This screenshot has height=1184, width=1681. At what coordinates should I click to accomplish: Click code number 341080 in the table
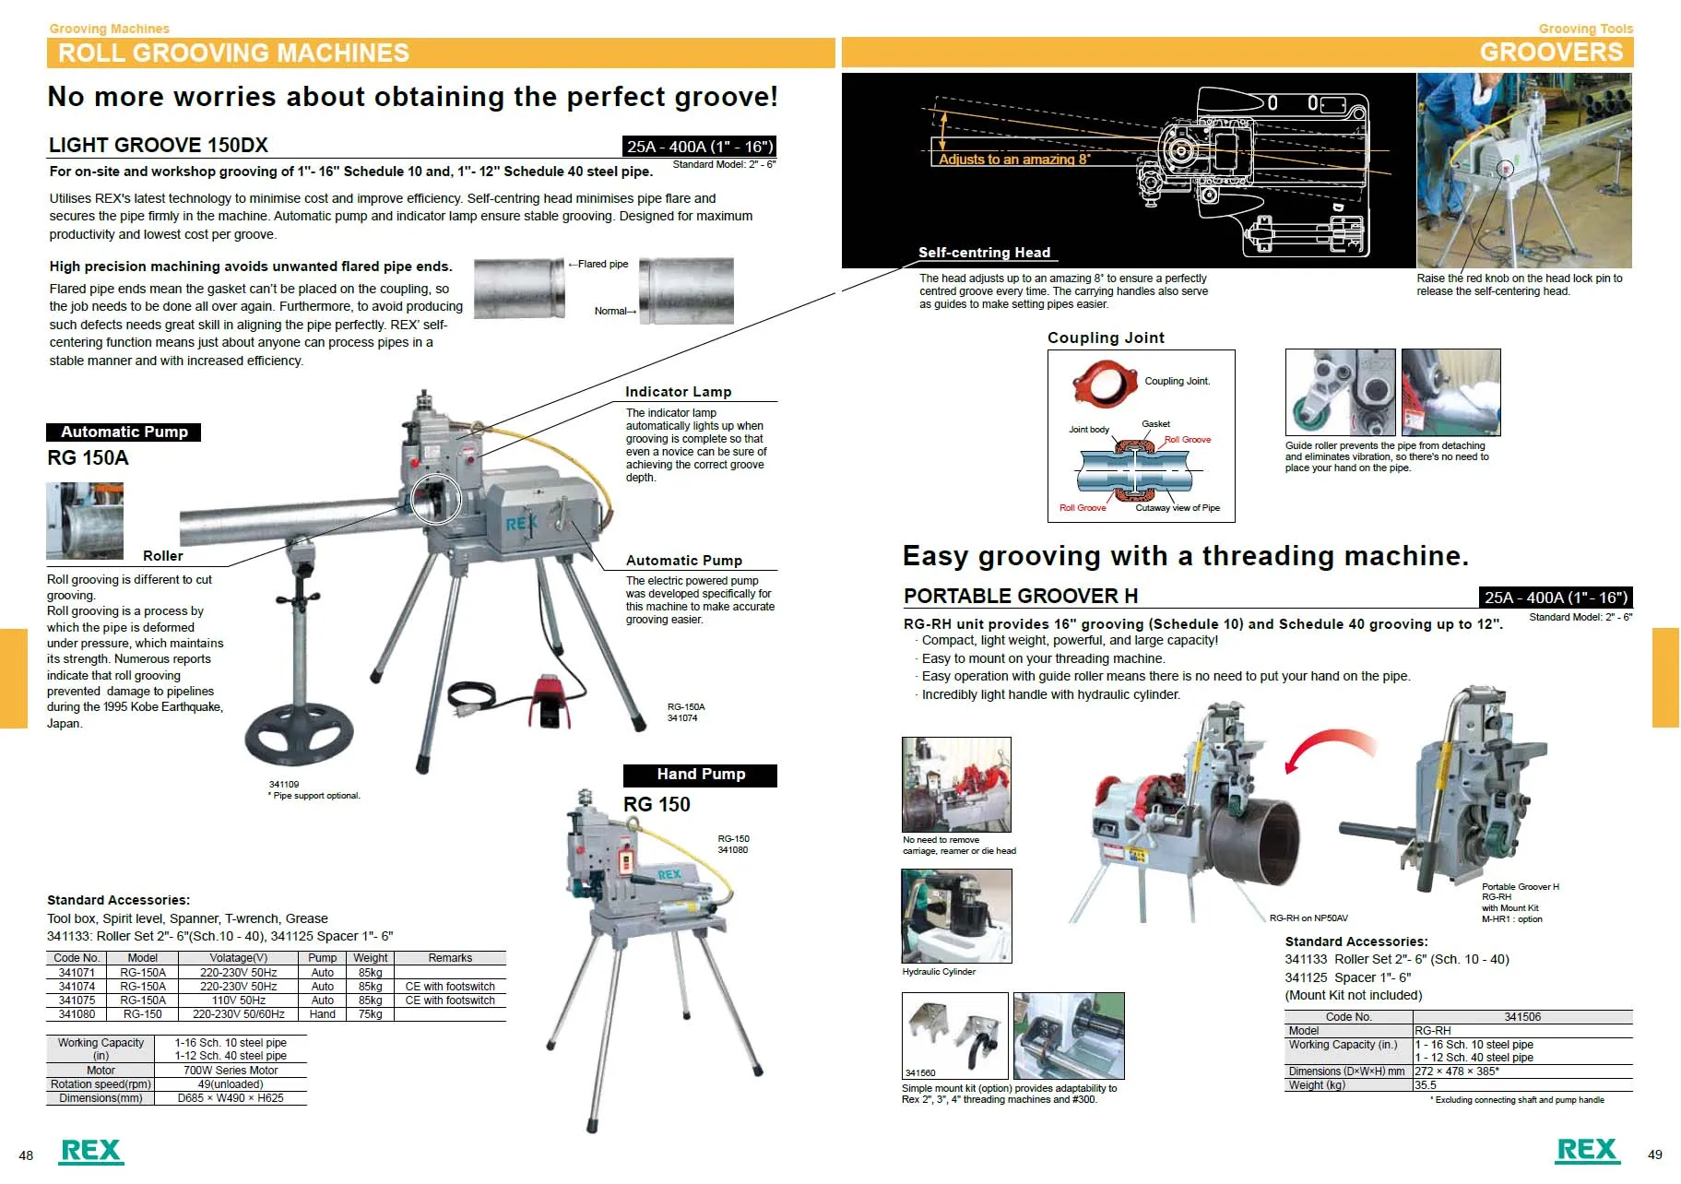click(77, 1013)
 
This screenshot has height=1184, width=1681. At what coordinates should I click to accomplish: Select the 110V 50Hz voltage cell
click(238, 1000)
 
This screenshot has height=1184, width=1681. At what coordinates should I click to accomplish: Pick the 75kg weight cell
click(370, 1013)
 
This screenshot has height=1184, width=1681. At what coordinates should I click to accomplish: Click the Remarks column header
click(450, 958)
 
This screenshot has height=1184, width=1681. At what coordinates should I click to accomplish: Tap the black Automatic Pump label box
click(124, 432)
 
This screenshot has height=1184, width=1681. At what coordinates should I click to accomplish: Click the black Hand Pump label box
click(700, 775)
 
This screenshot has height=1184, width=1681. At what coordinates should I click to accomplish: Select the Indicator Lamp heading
click(678, 392)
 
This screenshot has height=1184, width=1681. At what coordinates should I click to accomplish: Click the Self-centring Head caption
click(983, 253)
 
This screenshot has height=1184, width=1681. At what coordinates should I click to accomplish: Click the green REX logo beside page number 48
click(90, 1151)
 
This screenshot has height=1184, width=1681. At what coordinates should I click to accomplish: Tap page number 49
click(1654, 1154)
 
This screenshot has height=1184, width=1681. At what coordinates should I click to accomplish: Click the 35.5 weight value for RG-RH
click(1426, 1085)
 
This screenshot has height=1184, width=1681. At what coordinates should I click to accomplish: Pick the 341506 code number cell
click(1521, 1017)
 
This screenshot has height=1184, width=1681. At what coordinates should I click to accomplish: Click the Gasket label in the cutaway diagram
click(1155, 424)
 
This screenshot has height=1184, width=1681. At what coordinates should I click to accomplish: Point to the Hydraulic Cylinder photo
click(956, 916)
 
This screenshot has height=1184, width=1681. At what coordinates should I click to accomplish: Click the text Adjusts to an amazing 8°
click(1014, 160)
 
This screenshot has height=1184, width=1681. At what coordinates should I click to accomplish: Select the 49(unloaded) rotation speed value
click(231, 1084)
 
